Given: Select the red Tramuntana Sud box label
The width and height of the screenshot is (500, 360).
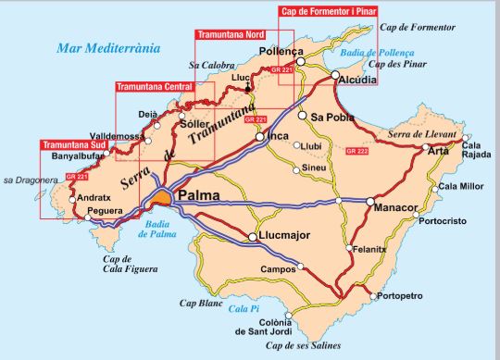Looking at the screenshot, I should tap(76, 144).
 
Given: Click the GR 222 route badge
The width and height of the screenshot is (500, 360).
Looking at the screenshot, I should tap(356, 150).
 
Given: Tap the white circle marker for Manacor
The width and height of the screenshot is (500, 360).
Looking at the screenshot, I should tap(369, 200).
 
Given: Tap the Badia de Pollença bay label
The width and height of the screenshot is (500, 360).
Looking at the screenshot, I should tap(397, 53).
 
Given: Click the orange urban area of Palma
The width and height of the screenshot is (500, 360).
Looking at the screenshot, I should tap(162, 197).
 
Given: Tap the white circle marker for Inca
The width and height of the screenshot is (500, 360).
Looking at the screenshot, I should tap(260, 137).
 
